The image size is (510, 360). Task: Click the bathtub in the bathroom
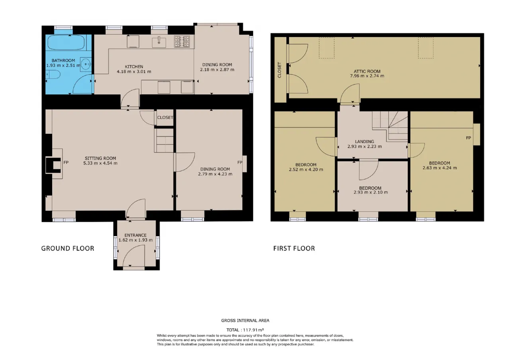coord(66,43)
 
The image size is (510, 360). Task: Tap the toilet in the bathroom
coord(53,74)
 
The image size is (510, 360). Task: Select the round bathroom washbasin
coord(86,65)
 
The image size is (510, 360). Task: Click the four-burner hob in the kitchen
coord(182,41)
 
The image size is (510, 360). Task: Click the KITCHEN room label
coord(134,67)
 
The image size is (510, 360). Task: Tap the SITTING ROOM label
coord(100,158)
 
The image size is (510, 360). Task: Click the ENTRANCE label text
coord(135,235)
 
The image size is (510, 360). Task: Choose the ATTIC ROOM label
coord(367,71)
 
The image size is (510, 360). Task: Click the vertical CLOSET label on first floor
coord(279,70)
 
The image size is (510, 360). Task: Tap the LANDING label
coord(365,141)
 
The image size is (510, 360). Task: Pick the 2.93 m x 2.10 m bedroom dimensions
coord(371,192)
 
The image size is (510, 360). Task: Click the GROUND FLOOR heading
coord(68,248)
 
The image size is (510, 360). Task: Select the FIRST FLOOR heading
coord(294,248)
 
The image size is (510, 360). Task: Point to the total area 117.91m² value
coord(253,330)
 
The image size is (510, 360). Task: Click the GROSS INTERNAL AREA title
coord(245,321)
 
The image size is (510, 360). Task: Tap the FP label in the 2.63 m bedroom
coord(468,138)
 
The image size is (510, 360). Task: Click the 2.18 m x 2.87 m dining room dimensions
coord(217,70)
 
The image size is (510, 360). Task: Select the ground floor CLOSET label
coord(165,117)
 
